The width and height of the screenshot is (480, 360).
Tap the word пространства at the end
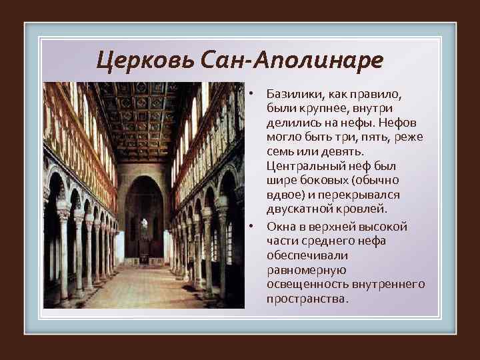tap(306, 299)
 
